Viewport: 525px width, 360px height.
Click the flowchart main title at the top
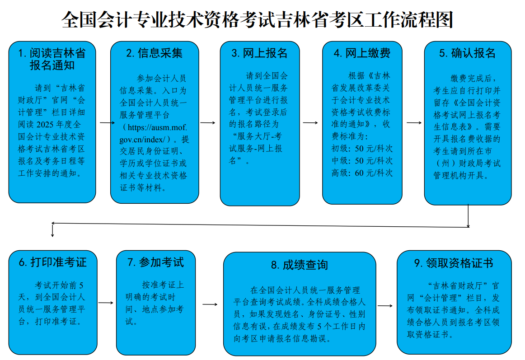[x=257, y=19]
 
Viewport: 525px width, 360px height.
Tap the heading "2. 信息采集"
[x=155, y=53]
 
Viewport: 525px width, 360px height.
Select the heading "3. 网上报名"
[x=259, y=53]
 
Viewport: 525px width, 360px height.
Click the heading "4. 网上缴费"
[x=362, y=53]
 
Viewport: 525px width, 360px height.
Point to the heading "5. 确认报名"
[x=468, y=53]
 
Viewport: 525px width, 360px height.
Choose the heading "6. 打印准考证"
[x=53, y=262]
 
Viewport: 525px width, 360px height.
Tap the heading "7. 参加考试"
[x=156, y=262]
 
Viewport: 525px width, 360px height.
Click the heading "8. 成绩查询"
[x=300, y=265]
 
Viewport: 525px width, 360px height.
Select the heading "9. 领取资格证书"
[x=454, y=263]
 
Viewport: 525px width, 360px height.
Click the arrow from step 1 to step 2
[x=107, y=123]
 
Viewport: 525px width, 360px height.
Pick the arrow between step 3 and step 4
[x=310, y=123]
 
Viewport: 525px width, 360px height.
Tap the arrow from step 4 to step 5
[x=414, y=123]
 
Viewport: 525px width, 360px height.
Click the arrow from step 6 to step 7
[x=106, y=303]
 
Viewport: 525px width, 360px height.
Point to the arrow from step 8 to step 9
[x=385, y=306]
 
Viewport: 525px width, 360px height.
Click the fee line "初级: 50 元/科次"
[x=362, y=149]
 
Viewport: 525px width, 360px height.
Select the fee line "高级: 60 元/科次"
[x=362, y=173]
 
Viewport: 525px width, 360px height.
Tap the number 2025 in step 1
[x=45, y=125]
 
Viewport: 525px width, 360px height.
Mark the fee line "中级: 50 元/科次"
[x=362, y=161]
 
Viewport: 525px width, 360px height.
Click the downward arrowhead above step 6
[x=52, y=235]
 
